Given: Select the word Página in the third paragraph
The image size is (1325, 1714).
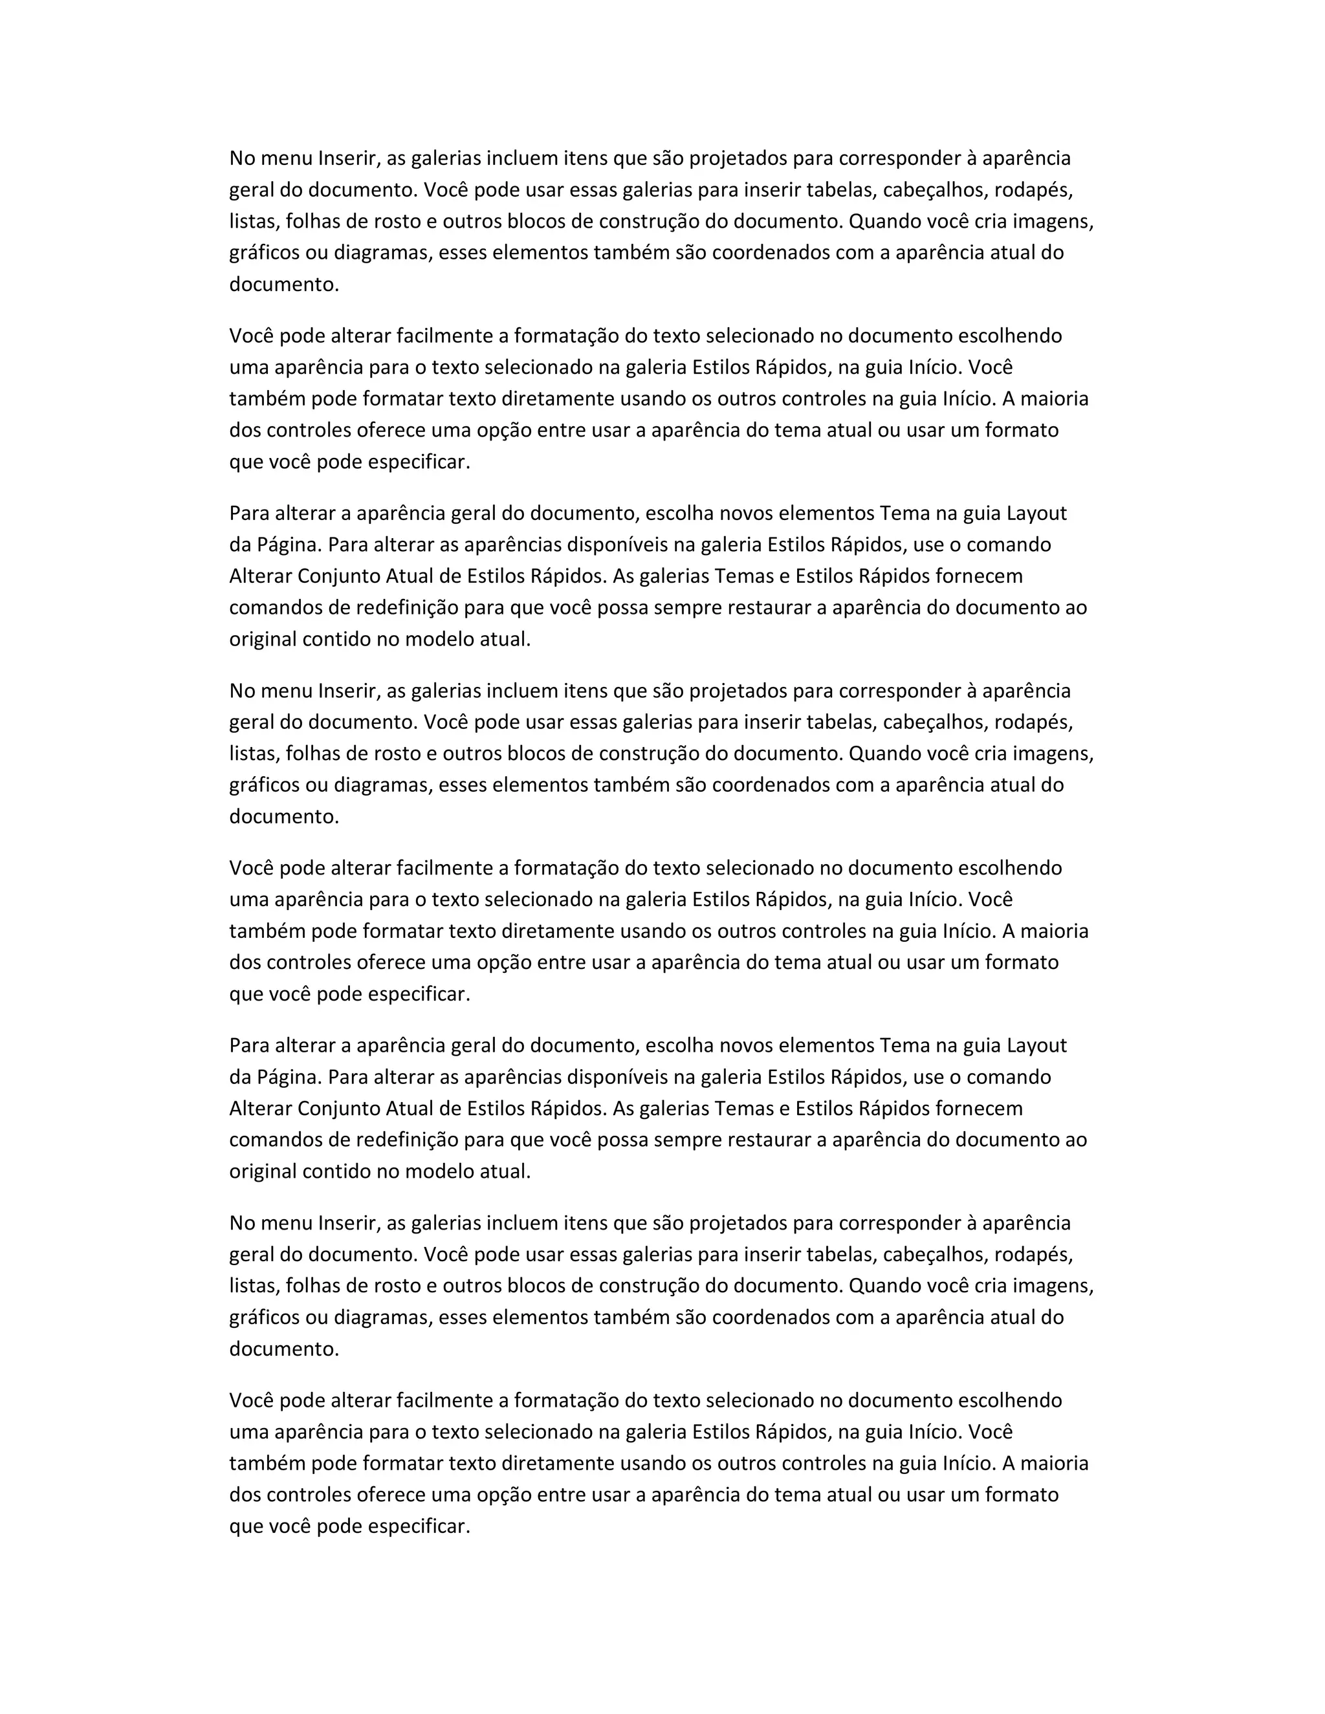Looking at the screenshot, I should [x=288, y=545].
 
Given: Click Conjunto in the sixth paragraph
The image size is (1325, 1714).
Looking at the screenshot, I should [x=342, y=1109].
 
